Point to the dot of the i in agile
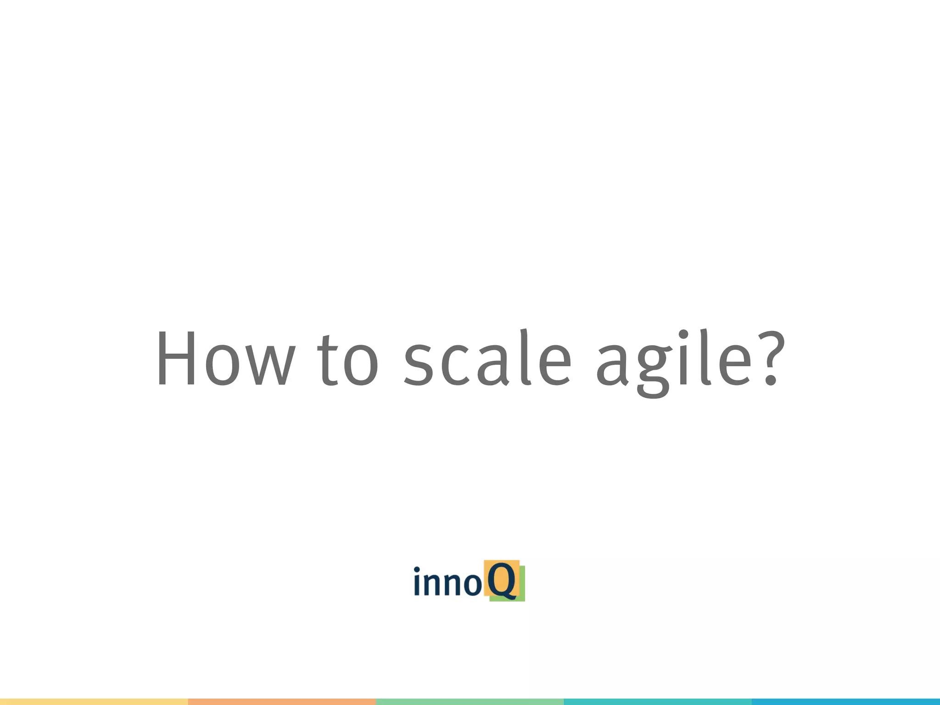click(x=683, y=334)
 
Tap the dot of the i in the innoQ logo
click(x=417, y=570)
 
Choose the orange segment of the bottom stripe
click(x=282, y=702)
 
